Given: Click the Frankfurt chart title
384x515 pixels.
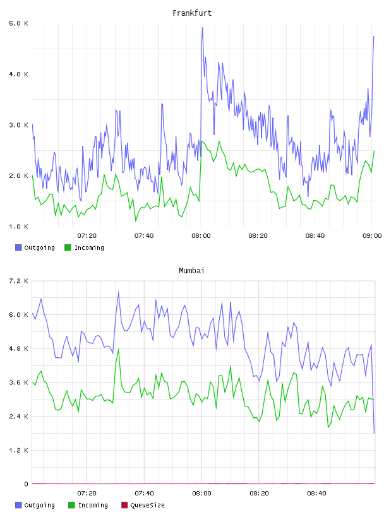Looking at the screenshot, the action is click(x=192, y=13).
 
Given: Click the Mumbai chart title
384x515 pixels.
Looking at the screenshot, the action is click(x=191, y=271).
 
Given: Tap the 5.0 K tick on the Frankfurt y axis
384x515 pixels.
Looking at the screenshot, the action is click(x=19, y=23).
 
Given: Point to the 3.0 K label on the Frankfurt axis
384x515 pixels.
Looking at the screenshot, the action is click(x=19, y=125).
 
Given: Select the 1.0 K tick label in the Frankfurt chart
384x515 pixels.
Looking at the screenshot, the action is click(x=19, y=227).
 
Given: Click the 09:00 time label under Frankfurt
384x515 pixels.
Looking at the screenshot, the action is click(x=372, y=236).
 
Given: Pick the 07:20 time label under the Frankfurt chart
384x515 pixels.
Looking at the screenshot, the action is click(x=87, y=236).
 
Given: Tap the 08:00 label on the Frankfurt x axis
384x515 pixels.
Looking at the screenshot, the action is click(x=201, y=236).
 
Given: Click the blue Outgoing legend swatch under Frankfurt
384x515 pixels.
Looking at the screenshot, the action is click(x=18, y=247).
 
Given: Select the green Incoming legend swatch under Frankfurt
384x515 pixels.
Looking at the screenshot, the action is click(x=68, y=247).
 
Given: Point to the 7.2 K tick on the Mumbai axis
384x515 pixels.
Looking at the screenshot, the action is click(x=19, y=281).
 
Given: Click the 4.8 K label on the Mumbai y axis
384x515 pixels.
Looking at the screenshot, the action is click(x=19, y=349).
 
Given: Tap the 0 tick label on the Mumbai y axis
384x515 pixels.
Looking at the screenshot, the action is click(x=26, y=484).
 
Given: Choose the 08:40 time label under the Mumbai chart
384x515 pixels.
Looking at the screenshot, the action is click(x=316, y=494).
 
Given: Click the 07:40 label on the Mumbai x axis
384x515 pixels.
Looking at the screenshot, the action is click(x=144, y=494).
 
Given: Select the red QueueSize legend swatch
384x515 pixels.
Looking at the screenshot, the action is click(x=124, y=505).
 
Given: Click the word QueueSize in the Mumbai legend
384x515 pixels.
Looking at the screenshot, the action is click(x=147, y=505).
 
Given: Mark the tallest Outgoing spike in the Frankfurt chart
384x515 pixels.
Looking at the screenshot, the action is click(x=203, y=28).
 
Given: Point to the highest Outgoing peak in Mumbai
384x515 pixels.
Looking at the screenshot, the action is click(x=118, y=292).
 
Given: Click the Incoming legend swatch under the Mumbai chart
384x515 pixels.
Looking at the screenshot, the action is click(x=71, y=505).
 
